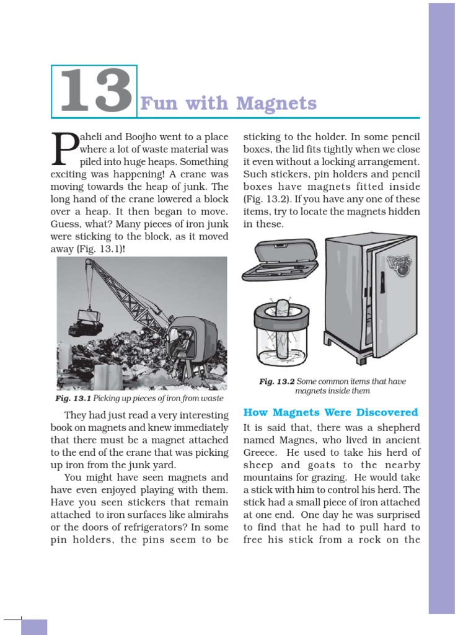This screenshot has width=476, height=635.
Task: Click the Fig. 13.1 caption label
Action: point(74,398)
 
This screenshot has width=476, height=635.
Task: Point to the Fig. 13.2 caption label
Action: point(276,381)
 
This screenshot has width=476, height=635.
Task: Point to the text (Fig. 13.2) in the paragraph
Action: point(265,199)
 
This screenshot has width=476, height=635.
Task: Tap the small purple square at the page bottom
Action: point(33,626)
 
